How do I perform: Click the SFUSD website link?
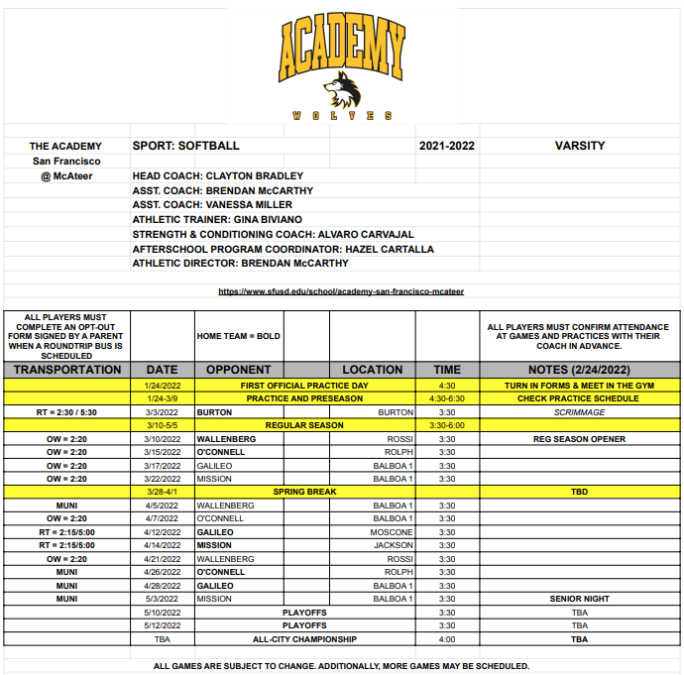pos(341,291)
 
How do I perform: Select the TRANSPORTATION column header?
pos(67,370)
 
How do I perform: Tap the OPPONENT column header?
pos(237,370)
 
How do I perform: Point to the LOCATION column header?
pos(372,370)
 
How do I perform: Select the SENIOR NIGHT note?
pos(579,599)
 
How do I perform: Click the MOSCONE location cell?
pos(392,532)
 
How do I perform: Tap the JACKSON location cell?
pos(394,545)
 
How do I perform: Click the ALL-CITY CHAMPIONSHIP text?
pos(304,639)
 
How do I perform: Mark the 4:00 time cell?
pos(447,639)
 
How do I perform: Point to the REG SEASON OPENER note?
pos(579,438)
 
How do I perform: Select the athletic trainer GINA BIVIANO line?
pos(217,219)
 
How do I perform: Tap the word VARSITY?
pos(579,146)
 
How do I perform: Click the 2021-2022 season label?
pos(447,146)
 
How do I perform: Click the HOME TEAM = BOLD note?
pos(239,336)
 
